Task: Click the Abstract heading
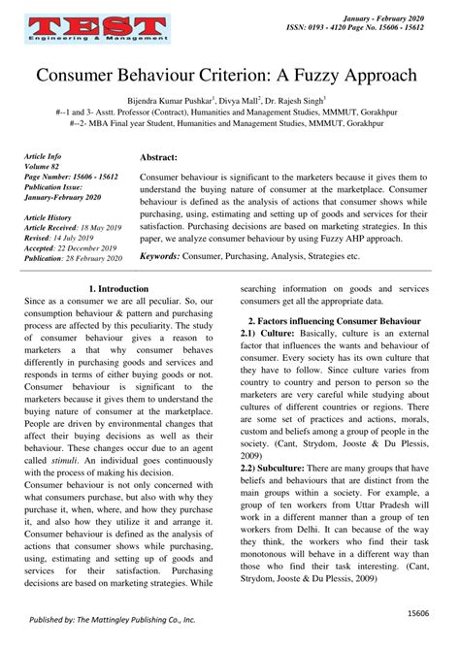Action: click(x=158, y=156)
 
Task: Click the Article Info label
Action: click(x=45, y=155)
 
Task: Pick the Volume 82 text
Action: click(x=45, y=166)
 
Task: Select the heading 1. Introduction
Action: click(x=117, y=289)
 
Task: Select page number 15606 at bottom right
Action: click(x=418, y=613)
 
